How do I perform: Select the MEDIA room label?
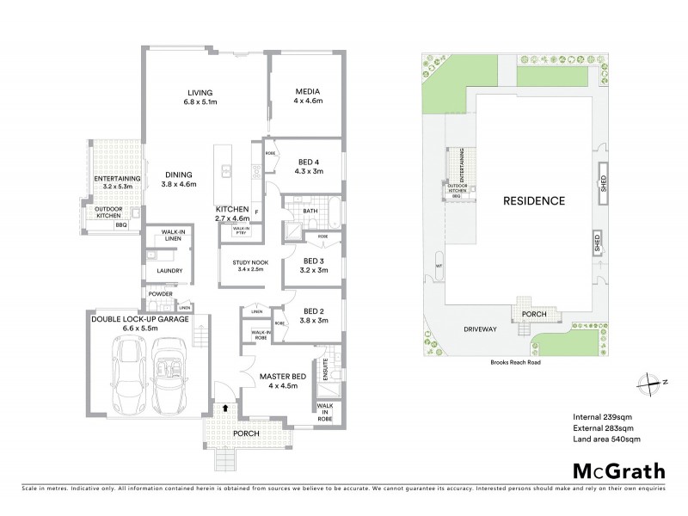point(307,91)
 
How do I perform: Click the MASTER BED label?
point(277,377)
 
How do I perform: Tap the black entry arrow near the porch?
point(225,411)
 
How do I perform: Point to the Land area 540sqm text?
point(606,439)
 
